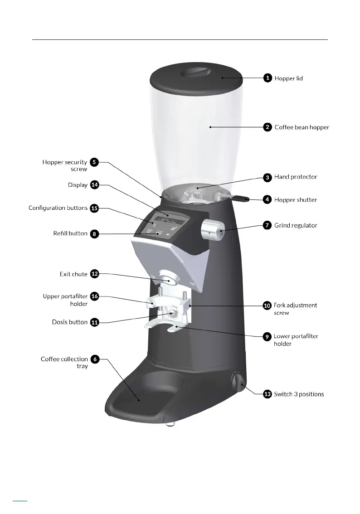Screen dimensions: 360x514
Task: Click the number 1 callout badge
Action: point(268,78)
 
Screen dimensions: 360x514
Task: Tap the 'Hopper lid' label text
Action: point(289,78)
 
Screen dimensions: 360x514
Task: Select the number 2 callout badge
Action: point(268,127)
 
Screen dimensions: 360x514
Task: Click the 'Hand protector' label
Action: point(296,177)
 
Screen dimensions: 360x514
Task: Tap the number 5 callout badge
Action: point(94,162)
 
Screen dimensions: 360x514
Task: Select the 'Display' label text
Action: point(78,185)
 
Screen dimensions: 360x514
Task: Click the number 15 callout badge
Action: point(94,208)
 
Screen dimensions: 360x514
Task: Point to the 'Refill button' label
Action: point(70,234)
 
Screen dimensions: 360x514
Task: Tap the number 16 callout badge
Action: point(94,296)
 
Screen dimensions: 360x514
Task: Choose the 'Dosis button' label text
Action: point(70,322)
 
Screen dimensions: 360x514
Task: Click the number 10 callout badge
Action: point(268,305)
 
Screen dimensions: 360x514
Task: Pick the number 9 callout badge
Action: point(268,336)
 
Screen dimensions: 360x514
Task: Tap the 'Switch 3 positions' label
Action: point(299,394)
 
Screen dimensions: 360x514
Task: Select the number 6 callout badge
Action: point(94,359)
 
